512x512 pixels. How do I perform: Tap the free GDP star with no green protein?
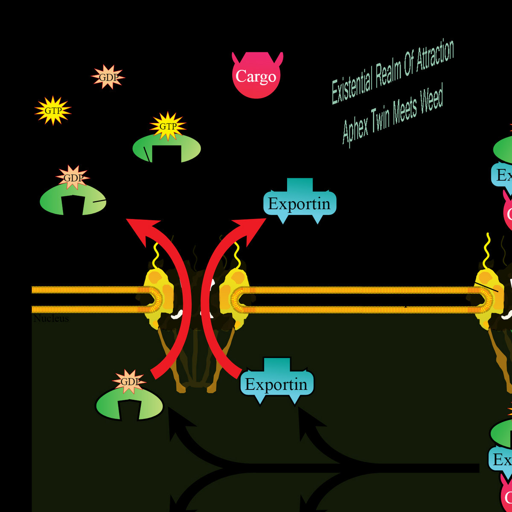108,77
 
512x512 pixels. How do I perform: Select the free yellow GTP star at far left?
53,111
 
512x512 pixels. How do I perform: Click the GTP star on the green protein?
168,126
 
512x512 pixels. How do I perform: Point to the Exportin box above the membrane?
300,204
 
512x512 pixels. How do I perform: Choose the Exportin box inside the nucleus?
276,384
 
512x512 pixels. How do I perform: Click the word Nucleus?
51,319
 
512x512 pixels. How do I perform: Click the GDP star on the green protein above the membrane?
73,177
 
